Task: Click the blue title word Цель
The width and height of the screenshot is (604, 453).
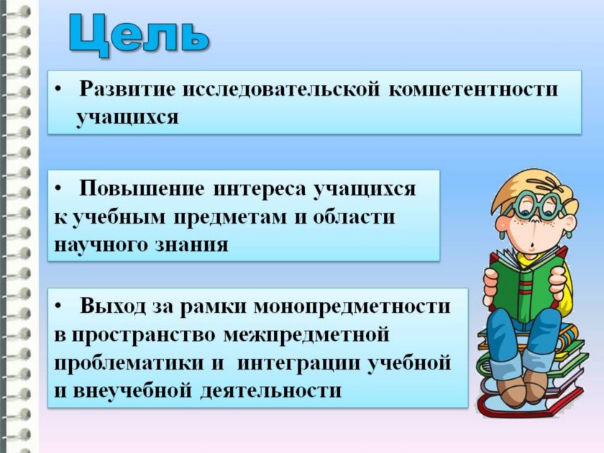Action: [x=139, y=35]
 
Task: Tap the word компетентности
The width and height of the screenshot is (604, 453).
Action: [x=473, y=89]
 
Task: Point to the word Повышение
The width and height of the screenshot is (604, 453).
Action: [x=142, y=188]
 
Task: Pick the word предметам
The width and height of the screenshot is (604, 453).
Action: [x=230, y=218]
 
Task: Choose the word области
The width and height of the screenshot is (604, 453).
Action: [x=354, y=217]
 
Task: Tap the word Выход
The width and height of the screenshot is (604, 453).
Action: [x=113, y=306]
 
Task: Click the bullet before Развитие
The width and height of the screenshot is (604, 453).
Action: [x=58, y=90]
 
